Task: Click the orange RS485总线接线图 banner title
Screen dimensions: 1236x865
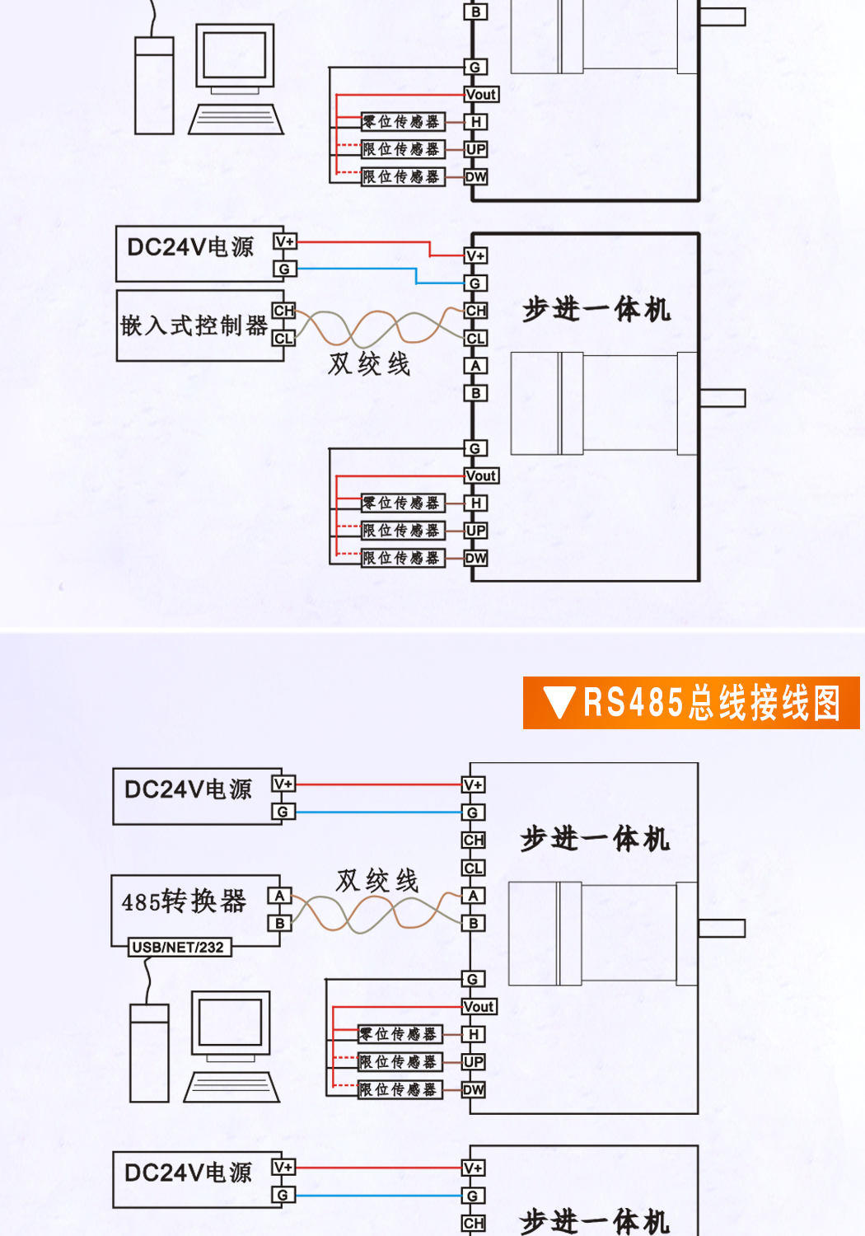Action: pyautogui.click(x=712, y=703)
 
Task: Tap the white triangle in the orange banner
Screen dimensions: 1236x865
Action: pyautogui.click(x=560, y=703)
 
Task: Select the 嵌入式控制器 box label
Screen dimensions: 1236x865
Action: pyautogui.click(x=194, y=325)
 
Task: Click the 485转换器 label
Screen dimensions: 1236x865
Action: pyautogui.click(x=184, y=901)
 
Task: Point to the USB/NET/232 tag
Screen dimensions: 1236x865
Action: pyautogui.click(x=178, y=948)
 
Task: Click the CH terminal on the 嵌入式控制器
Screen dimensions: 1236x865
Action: pyautogui.click(x=283, y=311)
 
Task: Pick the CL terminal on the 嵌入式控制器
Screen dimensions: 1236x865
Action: pyautogui.click(x=283, y=338)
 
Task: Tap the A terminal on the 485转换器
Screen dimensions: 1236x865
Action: pyautogui.click(x=280, y=896)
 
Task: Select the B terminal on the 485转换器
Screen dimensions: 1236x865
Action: pyautogui.click(x=280, y=923)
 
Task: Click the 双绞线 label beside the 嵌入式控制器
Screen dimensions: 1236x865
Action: pyautogui.click(x=369, y=363)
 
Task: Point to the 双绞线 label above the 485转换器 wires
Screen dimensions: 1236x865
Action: pyautogui.click(x=377, y=880)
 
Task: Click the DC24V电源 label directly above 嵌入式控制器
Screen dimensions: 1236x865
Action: pyautogui.click(x=190, y=247)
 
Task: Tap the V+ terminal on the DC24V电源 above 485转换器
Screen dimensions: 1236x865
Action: pyautogui.click(x=283, y=784)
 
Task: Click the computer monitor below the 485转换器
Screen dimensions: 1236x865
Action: pyautogui.click(x=231, y=1024)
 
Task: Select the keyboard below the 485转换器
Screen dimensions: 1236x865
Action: pyautogui.click(x=231, y=1087)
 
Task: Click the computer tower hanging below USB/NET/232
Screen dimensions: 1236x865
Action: pyautogui.click(x=149, y=1053)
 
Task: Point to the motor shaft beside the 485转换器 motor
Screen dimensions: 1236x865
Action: pyautogui.click(x=722, y=928)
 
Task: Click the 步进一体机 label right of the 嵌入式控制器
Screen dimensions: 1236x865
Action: pyautogui.click(x=596, y=310)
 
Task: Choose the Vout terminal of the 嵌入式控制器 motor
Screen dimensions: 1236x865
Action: pyautogui.click(x=481, y=475)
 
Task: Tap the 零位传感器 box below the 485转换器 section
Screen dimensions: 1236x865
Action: pyautogui.click(x=400, y=1034)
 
